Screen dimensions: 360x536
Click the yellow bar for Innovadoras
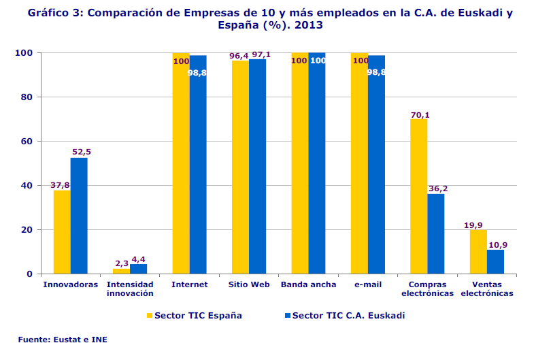[62, 232]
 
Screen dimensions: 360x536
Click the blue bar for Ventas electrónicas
[495, 261]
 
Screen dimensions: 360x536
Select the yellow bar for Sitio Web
[240, 167]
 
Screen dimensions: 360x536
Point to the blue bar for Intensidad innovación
[139, 269]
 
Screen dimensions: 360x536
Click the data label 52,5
[80, 152]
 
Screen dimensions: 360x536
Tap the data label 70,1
[420, 114]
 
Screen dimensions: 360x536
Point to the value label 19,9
[478, 225]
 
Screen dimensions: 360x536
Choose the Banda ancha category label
[308, 284]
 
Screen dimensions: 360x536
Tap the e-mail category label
[368, 284]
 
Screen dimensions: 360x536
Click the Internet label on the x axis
[189, 284]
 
